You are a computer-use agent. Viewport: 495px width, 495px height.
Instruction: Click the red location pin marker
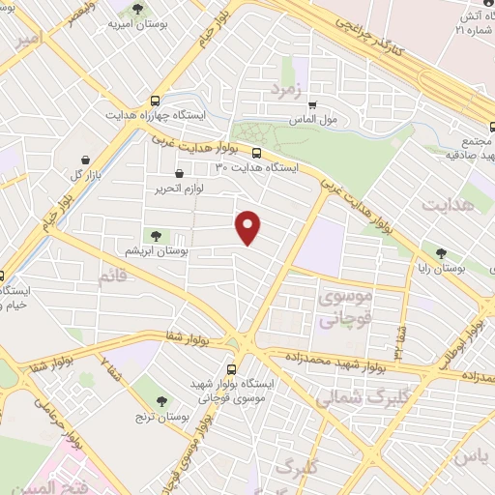[249, 226]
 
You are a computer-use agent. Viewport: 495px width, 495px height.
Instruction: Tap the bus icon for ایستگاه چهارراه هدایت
[156, 101]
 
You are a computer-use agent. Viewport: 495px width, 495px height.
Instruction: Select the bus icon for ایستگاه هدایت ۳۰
[256, 152]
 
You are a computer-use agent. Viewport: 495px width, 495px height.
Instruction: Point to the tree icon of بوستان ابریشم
[154, 235]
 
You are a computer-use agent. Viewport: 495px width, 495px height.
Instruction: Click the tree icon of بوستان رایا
[441, 253]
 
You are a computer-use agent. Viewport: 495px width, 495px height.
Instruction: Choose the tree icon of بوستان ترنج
[160, 401]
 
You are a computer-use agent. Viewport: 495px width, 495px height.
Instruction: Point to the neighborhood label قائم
[111, 278]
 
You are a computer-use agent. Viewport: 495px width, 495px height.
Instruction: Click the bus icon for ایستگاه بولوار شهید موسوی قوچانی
[230, 369]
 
